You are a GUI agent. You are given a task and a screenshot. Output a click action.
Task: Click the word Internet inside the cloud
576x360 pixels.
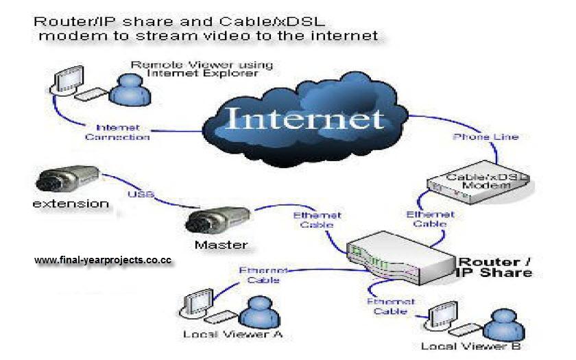pos(304,118)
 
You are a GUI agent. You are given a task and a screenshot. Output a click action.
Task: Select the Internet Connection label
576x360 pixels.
pos(117,132)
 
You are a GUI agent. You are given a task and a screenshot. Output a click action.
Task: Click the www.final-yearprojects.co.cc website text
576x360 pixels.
pos(102,261)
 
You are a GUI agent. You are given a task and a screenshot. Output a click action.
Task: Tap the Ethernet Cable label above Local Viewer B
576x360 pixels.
pos(389,306)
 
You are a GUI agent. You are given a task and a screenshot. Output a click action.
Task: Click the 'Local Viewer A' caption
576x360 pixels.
pos(233,335)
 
